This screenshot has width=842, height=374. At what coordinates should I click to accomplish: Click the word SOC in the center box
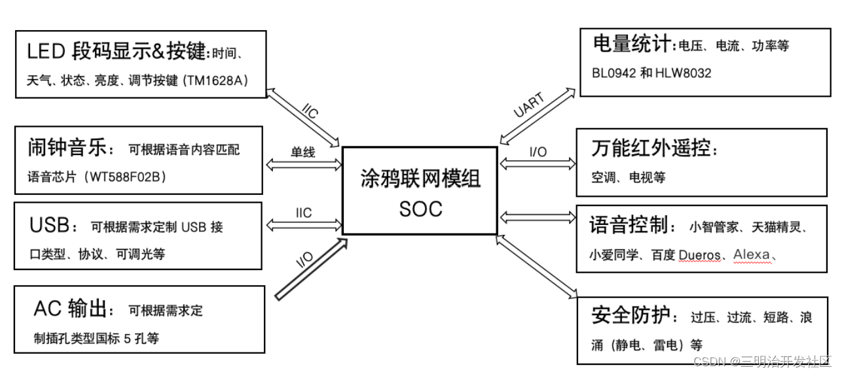tap(420, 209)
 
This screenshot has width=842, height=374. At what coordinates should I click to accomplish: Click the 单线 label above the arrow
tap(303, 152)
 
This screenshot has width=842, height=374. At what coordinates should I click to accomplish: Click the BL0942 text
tap(612, 73)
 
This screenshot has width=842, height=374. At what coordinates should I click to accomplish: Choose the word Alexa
tap(752, 254)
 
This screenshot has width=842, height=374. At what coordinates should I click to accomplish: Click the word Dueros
tap(699, 255)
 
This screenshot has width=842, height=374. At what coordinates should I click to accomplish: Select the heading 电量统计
tap(631, 44)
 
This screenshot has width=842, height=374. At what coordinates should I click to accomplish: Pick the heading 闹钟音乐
tap(66, 148)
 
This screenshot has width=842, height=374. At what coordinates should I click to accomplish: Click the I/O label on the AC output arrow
tap(304, 260)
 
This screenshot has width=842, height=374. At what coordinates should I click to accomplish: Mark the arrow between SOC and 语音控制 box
tap(536, 216)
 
